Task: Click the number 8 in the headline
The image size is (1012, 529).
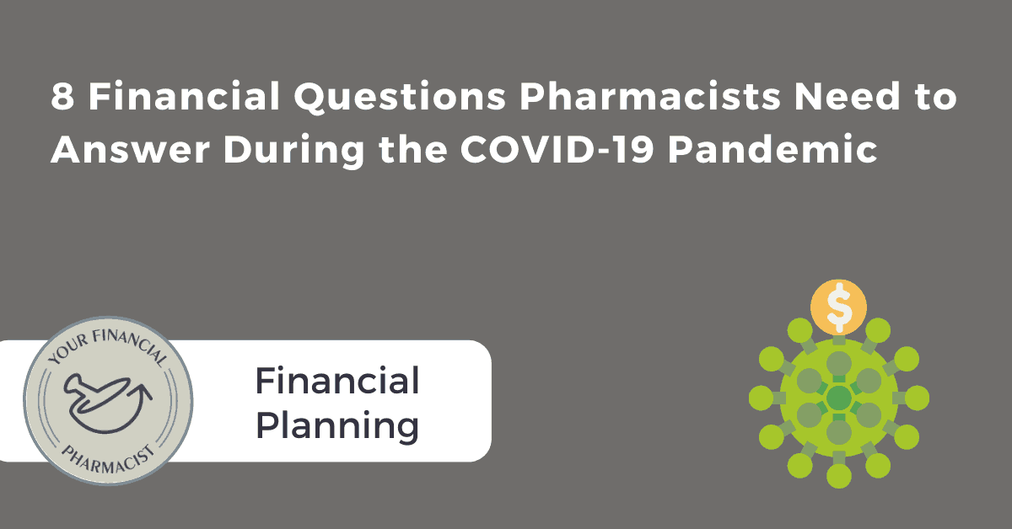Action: (x=62, y=96)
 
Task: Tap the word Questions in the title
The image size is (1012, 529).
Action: (x=400, y=97)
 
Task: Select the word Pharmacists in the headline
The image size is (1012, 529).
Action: (x=650, y=96)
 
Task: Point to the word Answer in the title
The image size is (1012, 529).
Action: (x=130, y=149)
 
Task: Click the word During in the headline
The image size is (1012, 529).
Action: (x=293, y=150)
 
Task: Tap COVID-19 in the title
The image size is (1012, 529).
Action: (x=557, y=149)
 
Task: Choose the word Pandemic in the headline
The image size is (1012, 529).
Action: (x=772, y=148)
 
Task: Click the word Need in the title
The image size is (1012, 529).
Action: (x=848, y=96)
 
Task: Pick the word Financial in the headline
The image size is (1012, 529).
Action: (x=184, y=96)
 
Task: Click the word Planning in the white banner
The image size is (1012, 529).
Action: (x=337, y=426)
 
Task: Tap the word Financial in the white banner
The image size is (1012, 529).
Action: (x=337, y=381)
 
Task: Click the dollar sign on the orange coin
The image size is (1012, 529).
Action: (x=839, y=307)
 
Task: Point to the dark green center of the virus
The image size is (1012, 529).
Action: (x=839, y=398)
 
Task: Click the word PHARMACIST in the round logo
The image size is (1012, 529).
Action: (x=108, y=459)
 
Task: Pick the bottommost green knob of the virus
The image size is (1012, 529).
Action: (x=839, y=476)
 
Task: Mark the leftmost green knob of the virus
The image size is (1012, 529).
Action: (x=762, y=398)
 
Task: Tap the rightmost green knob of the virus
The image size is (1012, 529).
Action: (x=917, y=398)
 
